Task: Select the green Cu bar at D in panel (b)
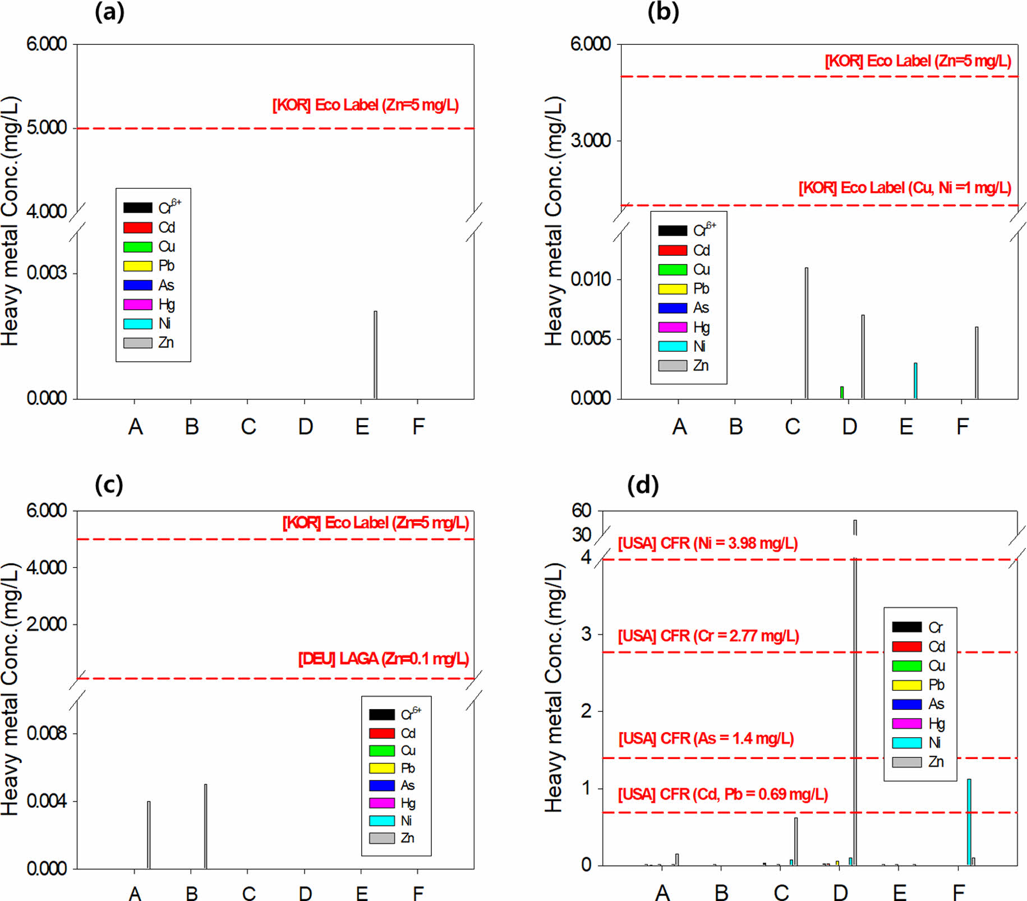tap(842, 393)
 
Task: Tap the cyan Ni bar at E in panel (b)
tap(915, 381)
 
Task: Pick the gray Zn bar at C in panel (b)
tap(807, 333)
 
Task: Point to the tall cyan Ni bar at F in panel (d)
tap(969, 822)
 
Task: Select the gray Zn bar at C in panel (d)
tap(796, 842)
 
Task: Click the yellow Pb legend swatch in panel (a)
tap(138, 266)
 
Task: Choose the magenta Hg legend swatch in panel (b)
tap(673, 327)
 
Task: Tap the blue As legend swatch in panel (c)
tap(381, 785)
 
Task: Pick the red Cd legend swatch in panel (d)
tap(906, 646)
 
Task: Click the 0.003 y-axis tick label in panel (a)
tap(47, 273)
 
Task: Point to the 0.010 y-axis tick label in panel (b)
tap(591, 279)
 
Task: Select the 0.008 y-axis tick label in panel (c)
tap(47, 733)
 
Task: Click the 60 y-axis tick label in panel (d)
tap(582, 511)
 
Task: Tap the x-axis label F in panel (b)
tap(962, 427)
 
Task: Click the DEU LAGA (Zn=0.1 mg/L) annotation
tap(384, 659)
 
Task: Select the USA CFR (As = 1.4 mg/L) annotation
tap(706, 739)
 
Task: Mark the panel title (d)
tap(643, 485)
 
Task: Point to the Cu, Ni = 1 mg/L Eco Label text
tap(905, 188)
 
